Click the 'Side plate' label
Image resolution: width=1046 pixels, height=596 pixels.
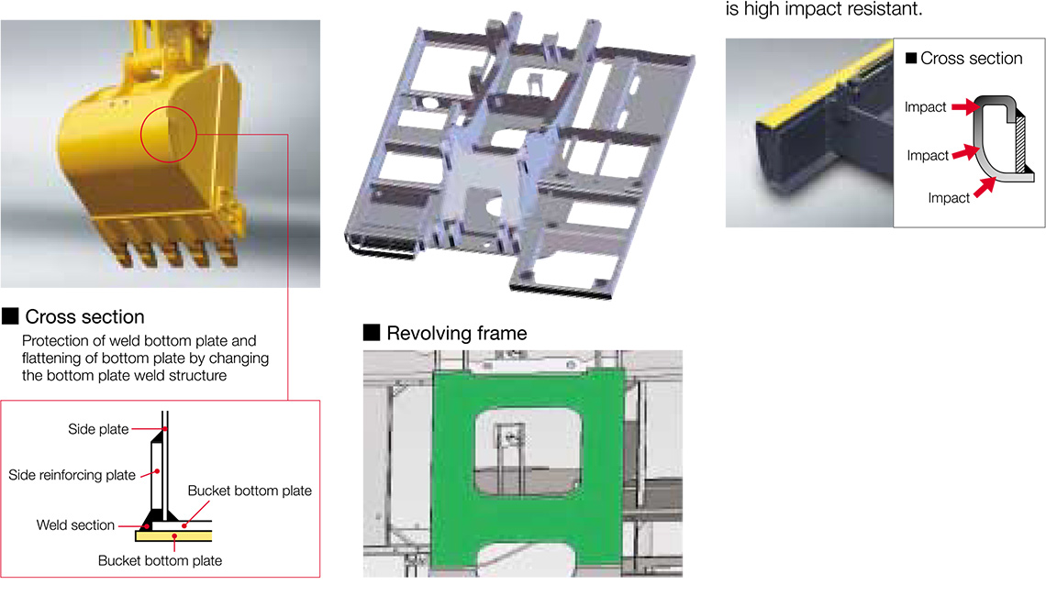click(x=98, y=429)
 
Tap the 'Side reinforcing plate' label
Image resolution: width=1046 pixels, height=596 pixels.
click(x=72, y=475)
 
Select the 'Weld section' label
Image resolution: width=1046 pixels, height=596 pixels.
click(x=75, y=525)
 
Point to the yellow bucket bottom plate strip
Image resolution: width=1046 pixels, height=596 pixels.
click(x=173, y=535)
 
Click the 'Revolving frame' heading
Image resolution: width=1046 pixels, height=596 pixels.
click(x=457, y=334)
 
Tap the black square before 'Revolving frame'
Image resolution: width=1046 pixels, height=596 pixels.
click(x=372, y=333)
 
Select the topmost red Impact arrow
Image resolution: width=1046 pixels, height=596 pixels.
click(x=965, y=106)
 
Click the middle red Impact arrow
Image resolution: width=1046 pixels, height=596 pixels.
click(x=965, y=153)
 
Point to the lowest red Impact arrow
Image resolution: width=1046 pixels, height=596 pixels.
click(x=985, y=187)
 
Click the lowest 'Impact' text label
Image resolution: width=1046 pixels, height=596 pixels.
click(x=949, y=198)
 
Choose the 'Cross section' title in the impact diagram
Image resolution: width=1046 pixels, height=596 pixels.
click(x=972, y=59)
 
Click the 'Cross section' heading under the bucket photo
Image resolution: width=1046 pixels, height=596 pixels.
click(x=84, y=316)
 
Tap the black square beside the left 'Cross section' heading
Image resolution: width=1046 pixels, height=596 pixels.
click(x=10, y=316)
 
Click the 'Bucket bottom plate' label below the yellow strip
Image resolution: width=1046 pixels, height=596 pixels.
click(x=160, y=560)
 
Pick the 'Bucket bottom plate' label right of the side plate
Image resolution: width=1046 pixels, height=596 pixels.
click(x=250, y=491)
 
